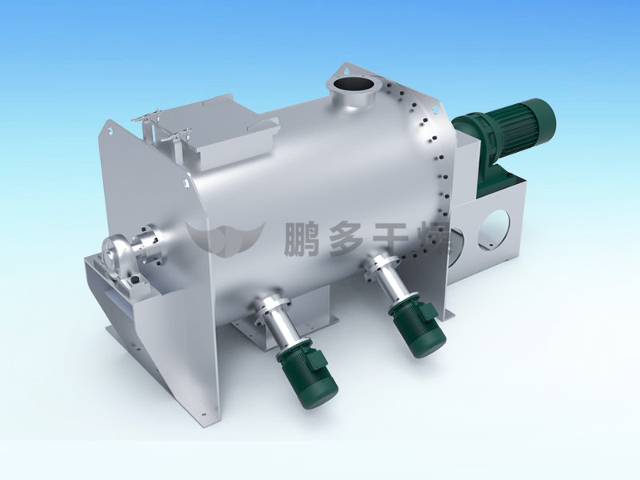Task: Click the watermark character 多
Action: tap(346, 239)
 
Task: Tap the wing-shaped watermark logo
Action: tap(225, 238)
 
